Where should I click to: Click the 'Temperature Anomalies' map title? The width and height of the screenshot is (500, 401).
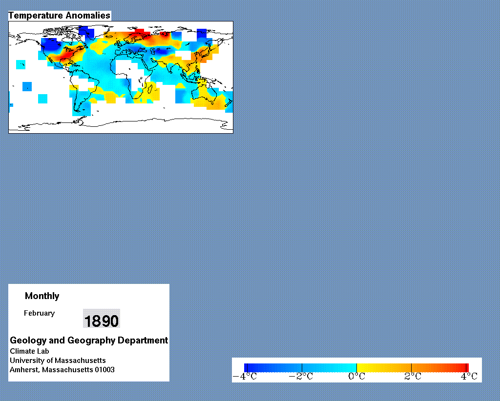tap(59, 16)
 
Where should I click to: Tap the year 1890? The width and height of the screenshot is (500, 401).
tap(102, 321)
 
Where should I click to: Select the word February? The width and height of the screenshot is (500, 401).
tap(39, 313)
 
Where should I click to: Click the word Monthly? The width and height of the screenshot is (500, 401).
tap(42, 296)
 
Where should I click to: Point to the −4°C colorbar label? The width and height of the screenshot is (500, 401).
tap(245, 377)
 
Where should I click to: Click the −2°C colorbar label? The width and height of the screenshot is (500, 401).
tap(301, 377)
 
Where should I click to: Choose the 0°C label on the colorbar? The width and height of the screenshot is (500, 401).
tap(356, 377)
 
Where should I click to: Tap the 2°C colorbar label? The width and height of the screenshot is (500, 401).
tap(413, 377)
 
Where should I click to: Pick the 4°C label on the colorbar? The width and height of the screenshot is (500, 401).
tap(469, 377)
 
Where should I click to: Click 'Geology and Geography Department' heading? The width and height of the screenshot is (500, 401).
tap(89, 341)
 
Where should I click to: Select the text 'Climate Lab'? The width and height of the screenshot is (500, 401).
tap(29, 351)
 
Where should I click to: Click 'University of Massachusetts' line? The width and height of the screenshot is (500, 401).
tap(58, 361)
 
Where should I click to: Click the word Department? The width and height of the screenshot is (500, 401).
tap(143, 341)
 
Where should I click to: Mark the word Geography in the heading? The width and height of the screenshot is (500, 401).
tap(91, 341)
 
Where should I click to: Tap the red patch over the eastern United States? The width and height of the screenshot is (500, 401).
tap(66, 55)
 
